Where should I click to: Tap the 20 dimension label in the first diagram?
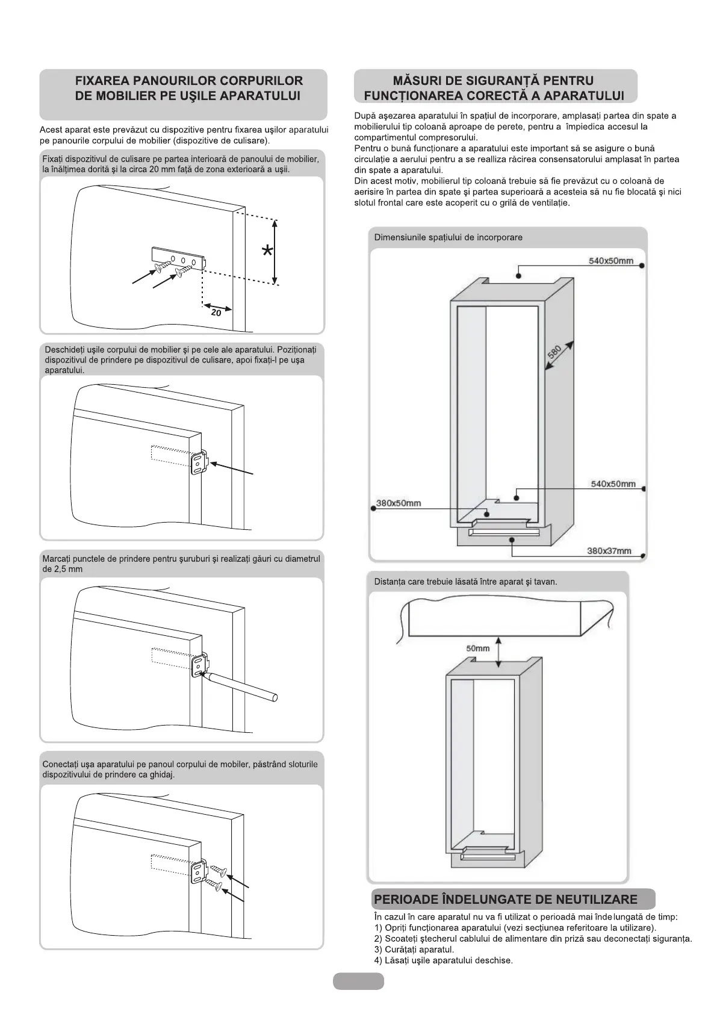[216, 313]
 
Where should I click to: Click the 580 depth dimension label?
[554, 352]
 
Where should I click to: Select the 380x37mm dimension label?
[609, 550]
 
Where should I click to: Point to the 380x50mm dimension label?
[399, 503]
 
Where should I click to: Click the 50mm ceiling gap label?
[478, 649]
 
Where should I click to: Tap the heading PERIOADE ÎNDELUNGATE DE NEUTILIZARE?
[505, 900]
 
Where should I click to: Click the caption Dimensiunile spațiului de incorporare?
[448, 237]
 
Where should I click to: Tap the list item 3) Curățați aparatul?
[414, 949]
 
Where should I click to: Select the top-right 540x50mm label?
[610, 261]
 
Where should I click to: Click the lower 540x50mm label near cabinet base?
[613, 484]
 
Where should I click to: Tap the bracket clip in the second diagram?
[199, 464]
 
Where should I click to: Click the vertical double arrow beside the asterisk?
[275, 252]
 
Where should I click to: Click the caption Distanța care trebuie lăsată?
[465, 582]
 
